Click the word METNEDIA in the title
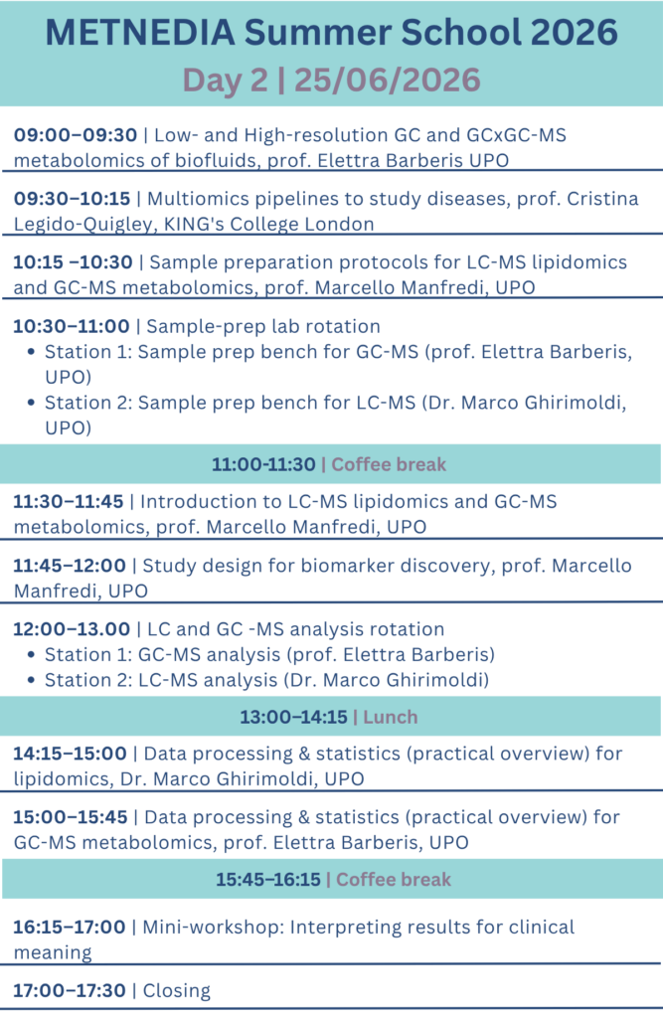click(139, 33)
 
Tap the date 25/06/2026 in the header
click(387, 80)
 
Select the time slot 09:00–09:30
click(76, 135)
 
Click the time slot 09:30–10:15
click(72, 199)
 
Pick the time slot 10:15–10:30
click(73, 262)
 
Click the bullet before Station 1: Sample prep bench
click(31, 352)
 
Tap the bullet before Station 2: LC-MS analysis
click(31, 680)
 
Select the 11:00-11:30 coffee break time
click(263, 464)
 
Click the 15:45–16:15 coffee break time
click(268, 880)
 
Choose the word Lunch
click(391, 718)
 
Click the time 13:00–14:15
click(293, 718)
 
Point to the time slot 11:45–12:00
click(70, 566)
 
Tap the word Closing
click(177, 991)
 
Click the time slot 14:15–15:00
click(71, 754)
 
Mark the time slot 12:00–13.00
click(72, 629)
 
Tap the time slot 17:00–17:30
click(70, 991)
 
